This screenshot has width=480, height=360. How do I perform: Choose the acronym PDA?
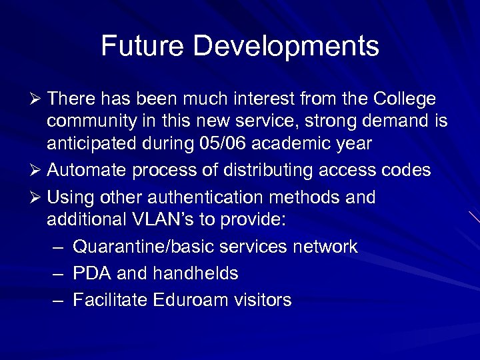pos(91,273)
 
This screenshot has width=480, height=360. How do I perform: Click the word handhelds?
pos(195,273)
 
